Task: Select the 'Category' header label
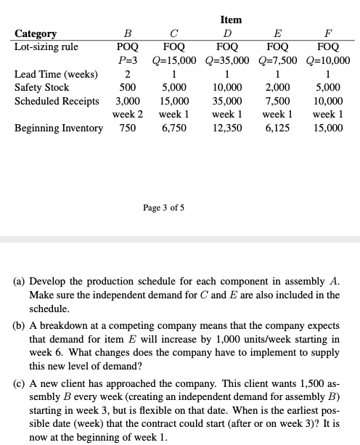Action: [x=36, y=33]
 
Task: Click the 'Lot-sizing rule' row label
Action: [x=46, y=46]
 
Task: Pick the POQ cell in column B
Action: [x=128, y=46]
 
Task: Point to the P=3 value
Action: [x=128, y=60]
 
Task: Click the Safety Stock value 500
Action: [x=128, y=87]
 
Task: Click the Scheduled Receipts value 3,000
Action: [x=128, y=101]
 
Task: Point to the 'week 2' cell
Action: [x=128, y=115]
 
